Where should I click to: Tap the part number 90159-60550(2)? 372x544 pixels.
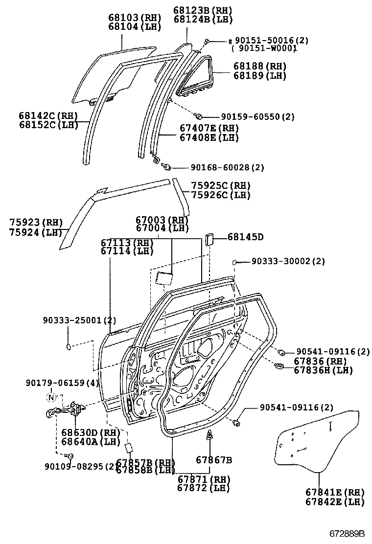257,117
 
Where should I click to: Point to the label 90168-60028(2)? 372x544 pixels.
227,167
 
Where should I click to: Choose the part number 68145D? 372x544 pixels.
245,237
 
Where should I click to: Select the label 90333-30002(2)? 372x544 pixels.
288,262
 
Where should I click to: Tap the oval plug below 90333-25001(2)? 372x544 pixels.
69,347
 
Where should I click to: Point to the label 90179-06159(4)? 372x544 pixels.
62,383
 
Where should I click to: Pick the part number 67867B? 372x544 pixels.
214,460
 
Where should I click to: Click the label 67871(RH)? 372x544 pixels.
203,479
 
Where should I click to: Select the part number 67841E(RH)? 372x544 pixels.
335,492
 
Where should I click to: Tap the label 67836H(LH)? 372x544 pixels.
323,370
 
